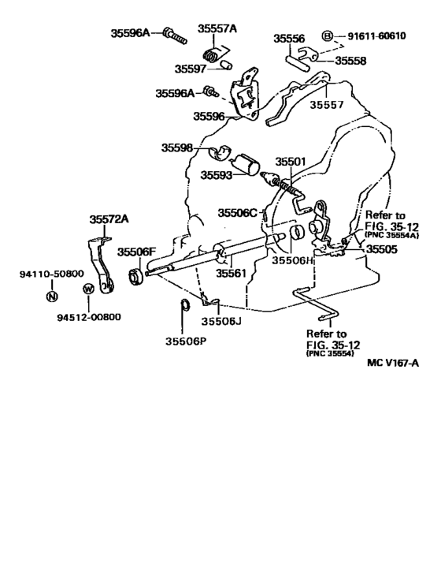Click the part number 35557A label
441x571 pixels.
(217, 28)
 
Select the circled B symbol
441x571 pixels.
(328, 35)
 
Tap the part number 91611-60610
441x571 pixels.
(376, 35)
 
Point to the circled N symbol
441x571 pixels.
(52, 296)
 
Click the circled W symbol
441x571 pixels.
(88, 289)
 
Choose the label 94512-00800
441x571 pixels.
(89, 317)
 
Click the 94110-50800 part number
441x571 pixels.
(52, 274)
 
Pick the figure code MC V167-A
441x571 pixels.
(393, 363)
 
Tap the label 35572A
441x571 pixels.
(109, 219)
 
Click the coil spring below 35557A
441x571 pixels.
(211, 55)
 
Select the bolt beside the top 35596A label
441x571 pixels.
(175, 35)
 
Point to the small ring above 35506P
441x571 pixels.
(185, 304)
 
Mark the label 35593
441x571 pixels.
(216, 175)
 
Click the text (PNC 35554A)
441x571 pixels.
(391, 235)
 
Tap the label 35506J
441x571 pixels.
(221, 321)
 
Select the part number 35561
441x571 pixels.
(231, 273)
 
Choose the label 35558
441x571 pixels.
(350, 61)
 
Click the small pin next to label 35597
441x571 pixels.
(226, 65)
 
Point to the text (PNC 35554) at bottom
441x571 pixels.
(330, 353)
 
